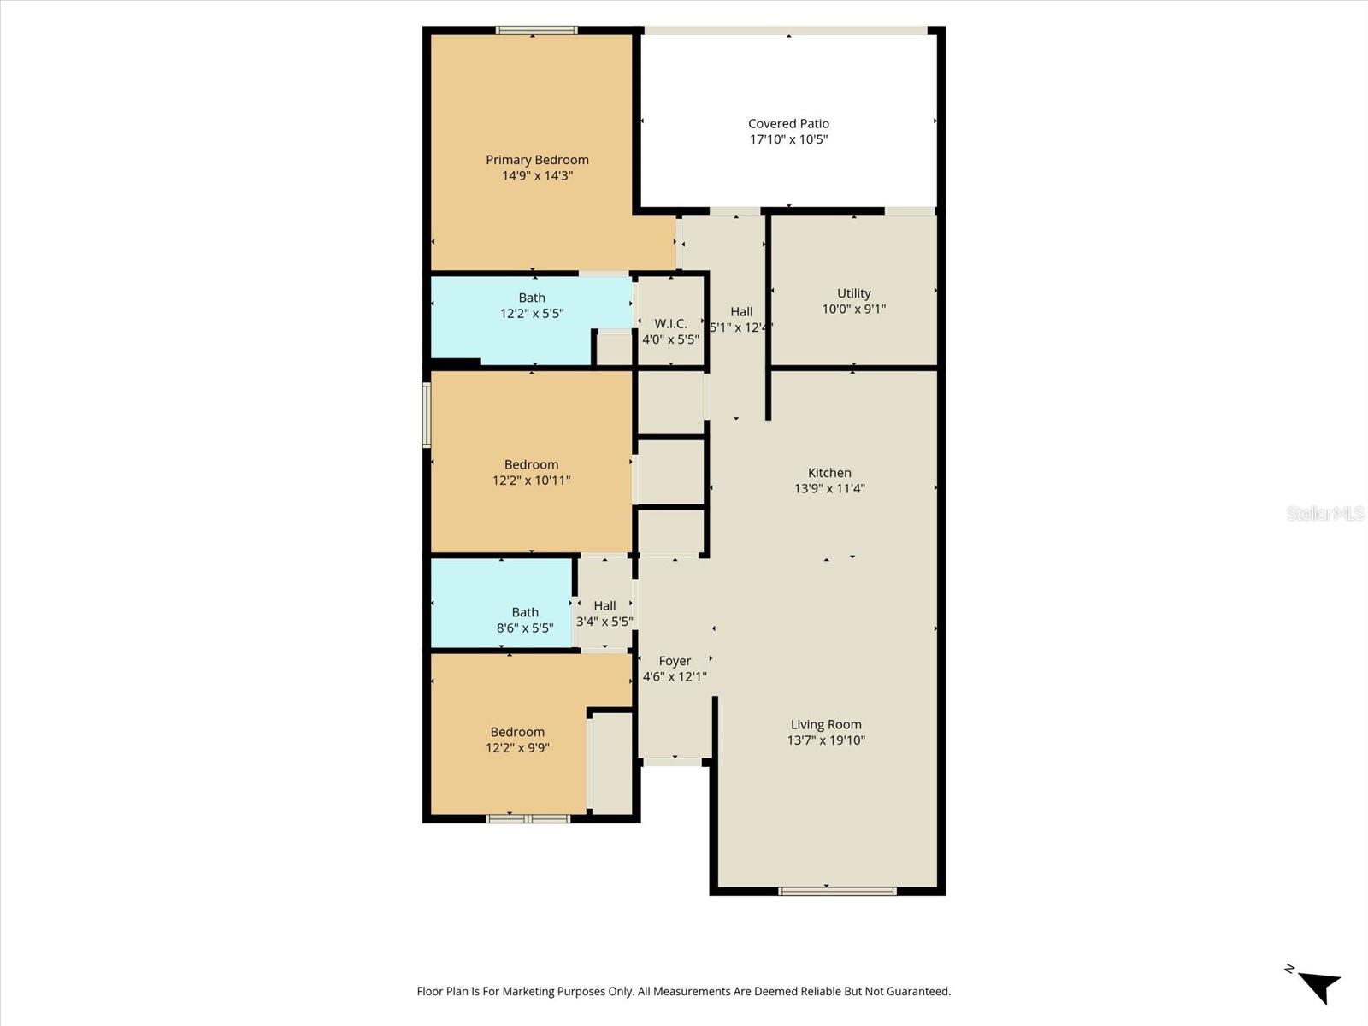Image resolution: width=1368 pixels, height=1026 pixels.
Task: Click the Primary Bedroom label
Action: [537, 160]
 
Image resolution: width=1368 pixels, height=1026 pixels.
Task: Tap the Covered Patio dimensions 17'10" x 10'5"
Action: [788, 139]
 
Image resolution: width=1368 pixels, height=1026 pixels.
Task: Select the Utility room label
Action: [853, 293]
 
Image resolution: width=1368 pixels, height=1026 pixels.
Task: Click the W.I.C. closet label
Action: [670, 323]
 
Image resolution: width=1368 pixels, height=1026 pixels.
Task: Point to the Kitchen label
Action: [829, 473]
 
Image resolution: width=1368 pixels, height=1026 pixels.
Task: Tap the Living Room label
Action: [826, 724]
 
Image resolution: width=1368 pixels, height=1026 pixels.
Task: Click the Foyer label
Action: [675, 661]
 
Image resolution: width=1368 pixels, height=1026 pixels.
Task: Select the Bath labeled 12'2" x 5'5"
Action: [532, 306]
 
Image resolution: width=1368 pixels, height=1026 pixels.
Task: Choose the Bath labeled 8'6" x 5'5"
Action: [525, 620]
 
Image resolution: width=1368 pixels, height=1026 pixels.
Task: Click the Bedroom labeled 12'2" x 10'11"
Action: [531, 472]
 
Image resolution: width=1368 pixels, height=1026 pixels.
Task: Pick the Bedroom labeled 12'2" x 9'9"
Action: [517, 740]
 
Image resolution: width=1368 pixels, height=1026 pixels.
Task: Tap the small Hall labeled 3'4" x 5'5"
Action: [604, 613]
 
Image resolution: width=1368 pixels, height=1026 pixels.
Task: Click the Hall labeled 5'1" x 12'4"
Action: [741, 319]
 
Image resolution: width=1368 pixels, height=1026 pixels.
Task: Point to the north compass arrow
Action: [1319, 986]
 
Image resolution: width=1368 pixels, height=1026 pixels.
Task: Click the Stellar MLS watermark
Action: [1324, 513]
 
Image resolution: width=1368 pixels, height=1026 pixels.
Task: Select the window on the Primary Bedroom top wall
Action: [536, 31]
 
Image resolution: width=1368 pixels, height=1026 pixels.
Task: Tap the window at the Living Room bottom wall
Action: [837, 891]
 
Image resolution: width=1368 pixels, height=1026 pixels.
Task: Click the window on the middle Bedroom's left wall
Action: [427, 415]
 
